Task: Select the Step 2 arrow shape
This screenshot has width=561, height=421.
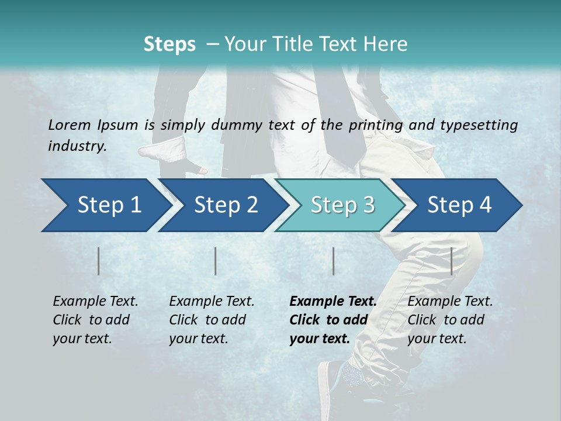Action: pyautogui.click(x=222, y=205)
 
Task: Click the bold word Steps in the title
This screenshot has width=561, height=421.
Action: pyautogui.click(x=169, y=44)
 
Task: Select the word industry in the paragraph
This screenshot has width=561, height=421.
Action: pyautogui.click(x=77, y=146)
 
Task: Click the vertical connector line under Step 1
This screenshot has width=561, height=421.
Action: pyautogui.click(x=99, y=261)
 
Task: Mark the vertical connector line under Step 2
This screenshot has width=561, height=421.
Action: pyautogui.click(x=216, y=261)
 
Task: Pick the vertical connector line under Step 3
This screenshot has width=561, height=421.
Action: pyautogui.click(x=334, y=261)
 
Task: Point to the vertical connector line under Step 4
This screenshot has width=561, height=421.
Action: pyautogui.click(x=452, y=261)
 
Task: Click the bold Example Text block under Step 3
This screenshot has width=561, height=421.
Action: pyautogui.click(x=333, y=320)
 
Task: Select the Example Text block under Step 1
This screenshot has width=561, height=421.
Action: pyautogui.click(x=95, y=320)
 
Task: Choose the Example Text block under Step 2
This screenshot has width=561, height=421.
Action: pyautogui.click(x=212, y=320)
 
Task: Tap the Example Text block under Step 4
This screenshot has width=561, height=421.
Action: pyautogui.click(x=450, y=320)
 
